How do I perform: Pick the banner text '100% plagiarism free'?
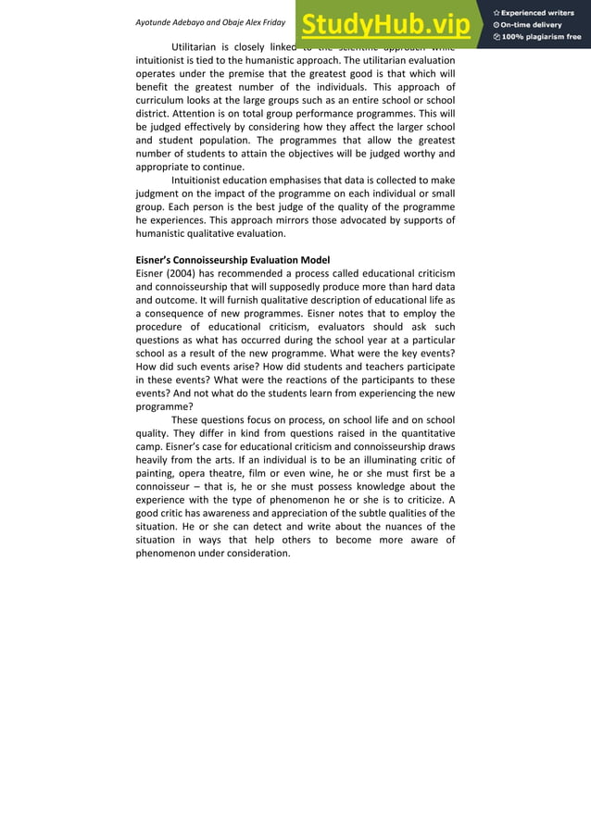(x=541, y=37)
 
